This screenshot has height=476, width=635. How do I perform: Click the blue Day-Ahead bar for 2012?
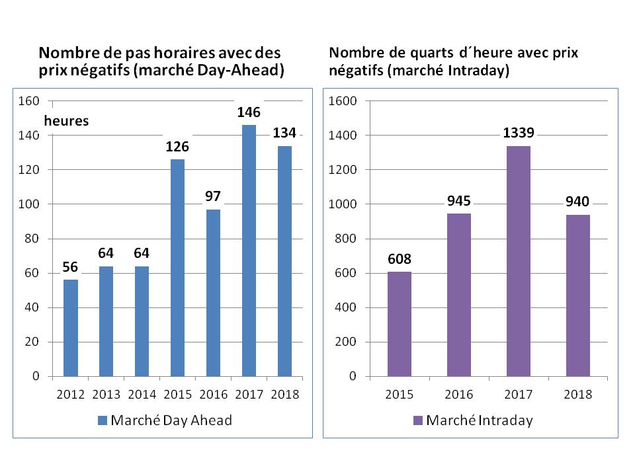click(x=71, y=328)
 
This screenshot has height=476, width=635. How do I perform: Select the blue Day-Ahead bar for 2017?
click(x=249, y=251)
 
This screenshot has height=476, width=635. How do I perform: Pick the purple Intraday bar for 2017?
click(x=519, y=261)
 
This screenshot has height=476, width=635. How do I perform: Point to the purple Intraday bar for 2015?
click(x=400, y=324)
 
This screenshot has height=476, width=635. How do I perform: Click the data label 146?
click(x=249, y=112)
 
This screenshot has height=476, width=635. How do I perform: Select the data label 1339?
click(x=519, y=133)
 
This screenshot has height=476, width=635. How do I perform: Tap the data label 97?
click(x=213, y=196)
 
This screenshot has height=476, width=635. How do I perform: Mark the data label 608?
click(x=400, y=258)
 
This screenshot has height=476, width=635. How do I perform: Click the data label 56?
click(x=71, y=266)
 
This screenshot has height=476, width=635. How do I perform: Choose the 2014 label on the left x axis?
click(x=142, y=395)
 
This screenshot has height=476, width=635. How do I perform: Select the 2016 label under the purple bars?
click(x=459, y=395)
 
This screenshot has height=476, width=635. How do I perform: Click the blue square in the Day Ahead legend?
click(x=102, y=420)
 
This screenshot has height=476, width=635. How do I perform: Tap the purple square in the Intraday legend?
click(x=417, y=420)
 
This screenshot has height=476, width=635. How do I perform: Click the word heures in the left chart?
click(x=66, y=121)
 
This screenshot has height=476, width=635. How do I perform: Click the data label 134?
click(x=285, y=134)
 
